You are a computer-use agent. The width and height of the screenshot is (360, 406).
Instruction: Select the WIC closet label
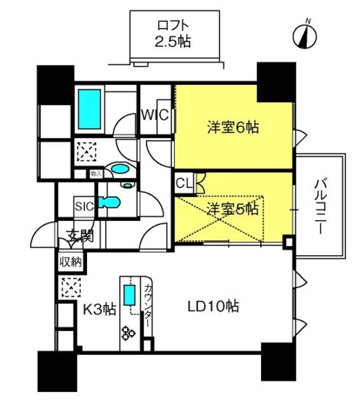point(154,116)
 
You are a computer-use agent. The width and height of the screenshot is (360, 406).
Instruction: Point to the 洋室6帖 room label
point(232,127)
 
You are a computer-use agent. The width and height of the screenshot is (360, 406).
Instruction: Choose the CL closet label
point(183,183)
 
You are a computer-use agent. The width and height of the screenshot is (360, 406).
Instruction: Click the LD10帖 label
point(213,307)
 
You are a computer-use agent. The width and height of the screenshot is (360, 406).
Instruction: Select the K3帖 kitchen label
point(100,310)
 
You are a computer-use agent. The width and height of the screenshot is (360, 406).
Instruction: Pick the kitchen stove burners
point(130,332)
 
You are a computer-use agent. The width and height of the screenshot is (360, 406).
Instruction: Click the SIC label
point(84,206)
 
